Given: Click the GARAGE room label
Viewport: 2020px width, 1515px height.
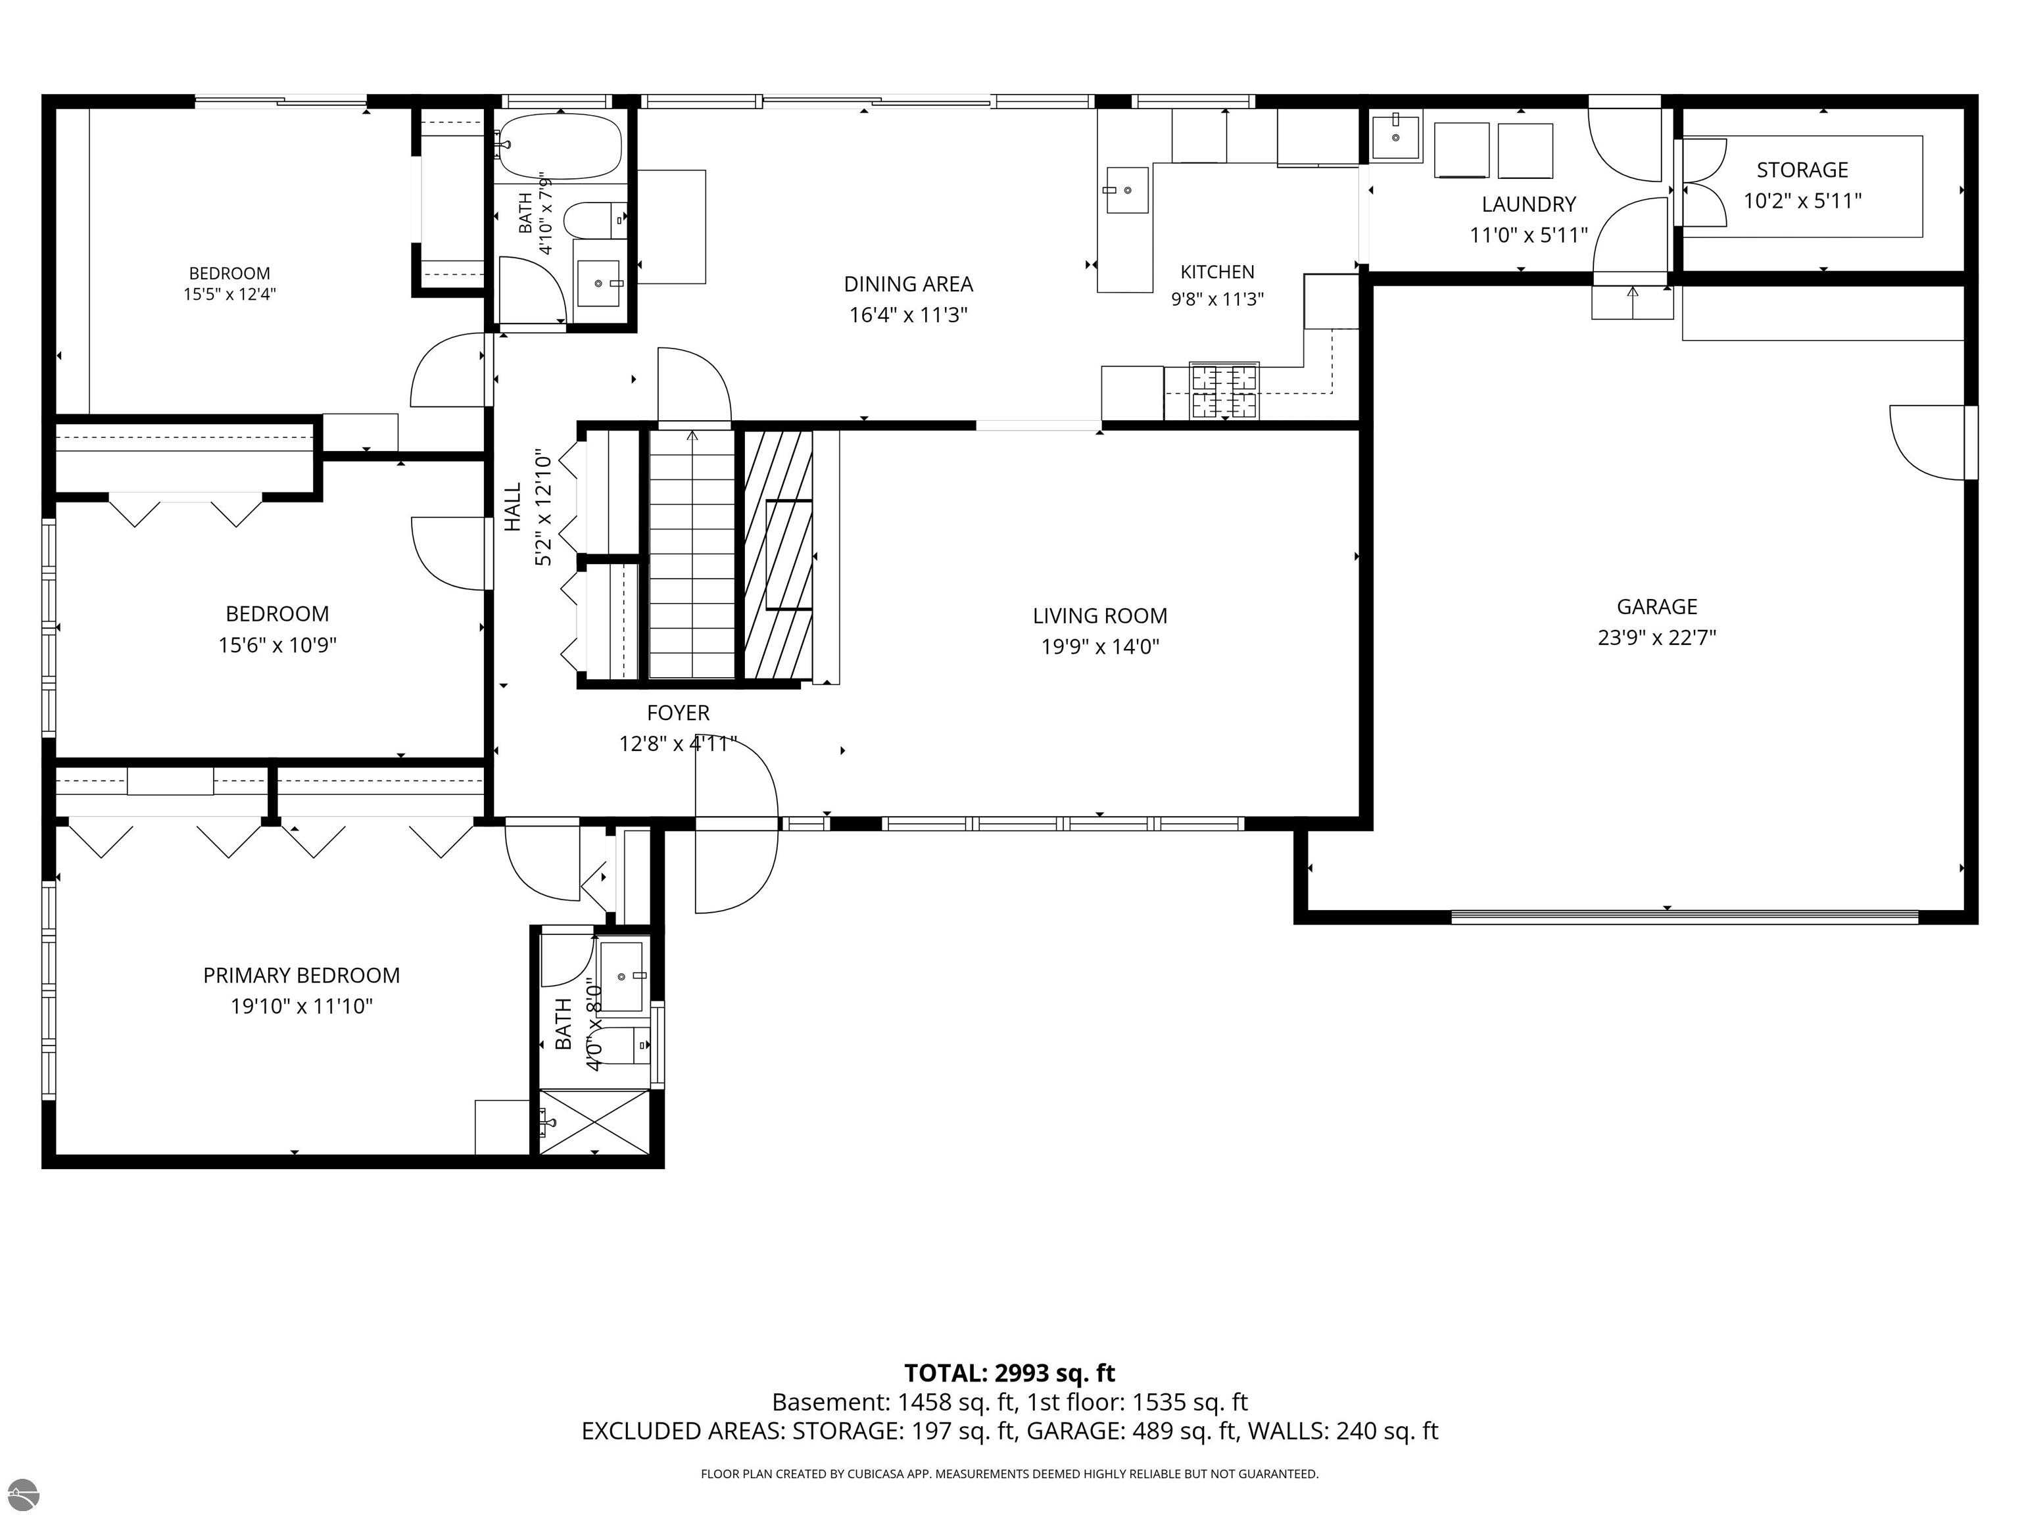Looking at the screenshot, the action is point(1656,606).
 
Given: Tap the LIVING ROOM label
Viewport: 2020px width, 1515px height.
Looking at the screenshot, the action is point(1099,615).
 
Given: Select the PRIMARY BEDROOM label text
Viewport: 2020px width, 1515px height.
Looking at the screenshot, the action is point(301,975).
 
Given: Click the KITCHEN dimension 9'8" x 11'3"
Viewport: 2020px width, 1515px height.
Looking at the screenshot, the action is point(1217,299).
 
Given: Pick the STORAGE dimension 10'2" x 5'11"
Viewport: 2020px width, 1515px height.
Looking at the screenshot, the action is point(1802,201).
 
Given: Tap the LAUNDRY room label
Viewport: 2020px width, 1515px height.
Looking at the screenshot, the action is point(1529,204).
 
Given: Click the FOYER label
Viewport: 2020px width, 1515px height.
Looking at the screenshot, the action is point(677,712).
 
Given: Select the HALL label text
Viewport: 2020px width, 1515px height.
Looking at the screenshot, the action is point(512,507).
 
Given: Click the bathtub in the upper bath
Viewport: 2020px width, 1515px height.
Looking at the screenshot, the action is point(561,146).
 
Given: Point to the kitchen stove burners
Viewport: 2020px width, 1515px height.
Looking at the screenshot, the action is point(1224,392).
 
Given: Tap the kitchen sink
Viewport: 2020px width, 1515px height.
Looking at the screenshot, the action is point(1127,190).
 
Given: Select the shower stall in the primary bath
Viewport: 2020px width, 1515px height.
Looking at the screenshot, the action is point(594,1121).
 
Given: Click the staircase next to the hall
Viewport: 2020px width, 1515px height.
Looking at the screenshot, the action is point(691,554).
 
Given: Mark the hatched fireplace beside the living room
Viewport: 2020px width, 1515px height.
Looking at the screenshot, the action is point(778,554).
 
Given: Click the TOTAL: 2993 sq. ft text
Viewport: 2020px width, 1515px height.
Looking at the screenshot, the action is point(1009,1372).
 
